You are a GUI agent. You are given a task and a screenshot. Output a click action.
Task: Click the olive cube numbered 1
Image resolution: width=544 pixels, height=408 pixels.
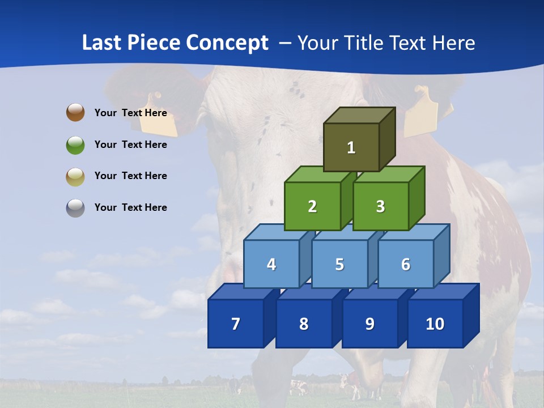(x=351, y=147)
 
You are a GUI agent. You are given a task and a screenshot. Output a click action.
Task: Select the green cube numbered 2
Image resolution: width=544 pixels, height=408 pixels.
(x=312, y=207)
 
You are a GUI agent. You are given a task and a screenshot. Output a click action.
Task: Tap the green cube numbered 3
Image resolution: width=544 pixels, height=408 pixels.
(x=380, y=207)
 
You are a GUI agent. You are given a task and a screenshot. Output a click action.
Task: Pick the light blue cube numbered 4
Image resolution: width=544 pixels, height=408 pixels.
(x=271, y=264)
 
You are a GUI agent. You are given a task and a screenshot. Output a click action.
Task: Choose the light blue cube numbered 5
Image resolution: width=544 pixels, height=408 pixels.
(x=339, y=264)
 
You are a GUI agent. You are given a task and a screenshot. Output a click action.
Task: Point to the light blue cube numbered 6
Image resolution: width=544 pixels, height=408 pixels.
(x=405, y=264)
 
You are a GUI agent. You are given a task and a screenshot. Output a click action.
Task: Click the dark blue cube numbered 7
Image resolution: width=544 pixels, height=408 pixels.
(x=236, y=324)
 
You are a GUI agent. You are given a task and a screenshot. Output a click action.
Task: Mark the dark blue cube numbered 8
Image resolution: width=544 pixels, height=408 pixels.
(x=304, y=324)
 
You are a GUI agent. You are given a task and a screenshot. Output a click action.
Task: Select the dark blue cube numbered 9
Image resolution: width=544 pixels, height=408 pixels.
(x=369, y=324)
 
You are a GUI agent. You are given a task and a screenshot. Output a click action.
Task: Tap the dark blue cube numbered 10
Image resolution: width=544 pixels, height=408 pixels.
(x=435, y=324)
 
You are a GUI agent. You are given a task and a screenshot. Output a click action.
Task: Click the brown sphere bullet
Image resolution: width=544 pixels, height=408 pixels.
(x=75, y=112)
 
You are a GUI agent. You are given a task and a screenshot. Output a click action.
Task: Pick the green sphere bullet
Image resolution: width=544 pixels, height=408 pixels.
(x=75, y=144)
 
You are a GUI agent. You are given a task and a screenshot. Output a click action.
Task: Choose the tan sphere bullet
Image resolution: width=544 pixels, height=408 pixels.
(x=75, y=176)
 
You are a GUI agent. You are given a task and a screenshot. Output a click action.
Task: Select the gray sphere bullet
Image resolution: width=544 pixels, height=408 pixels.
(x=75, y=208)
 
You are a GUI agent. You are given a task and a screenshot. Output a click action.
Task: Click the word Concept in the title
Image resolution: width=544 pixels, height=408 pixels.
(x=227, y=43)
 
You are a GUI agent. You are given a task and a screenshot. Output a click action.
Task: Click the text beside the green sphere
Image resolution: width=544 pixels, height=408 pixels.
(x=131, y=144)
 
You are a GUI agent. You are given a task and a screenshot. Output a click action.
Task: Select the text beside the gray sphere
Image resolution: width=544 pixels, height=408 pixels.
(x=131, y=207)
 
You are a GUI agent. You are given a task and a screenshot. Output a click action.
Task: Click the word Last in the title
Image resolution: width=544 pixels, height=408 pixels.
(x=101, y=43)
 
